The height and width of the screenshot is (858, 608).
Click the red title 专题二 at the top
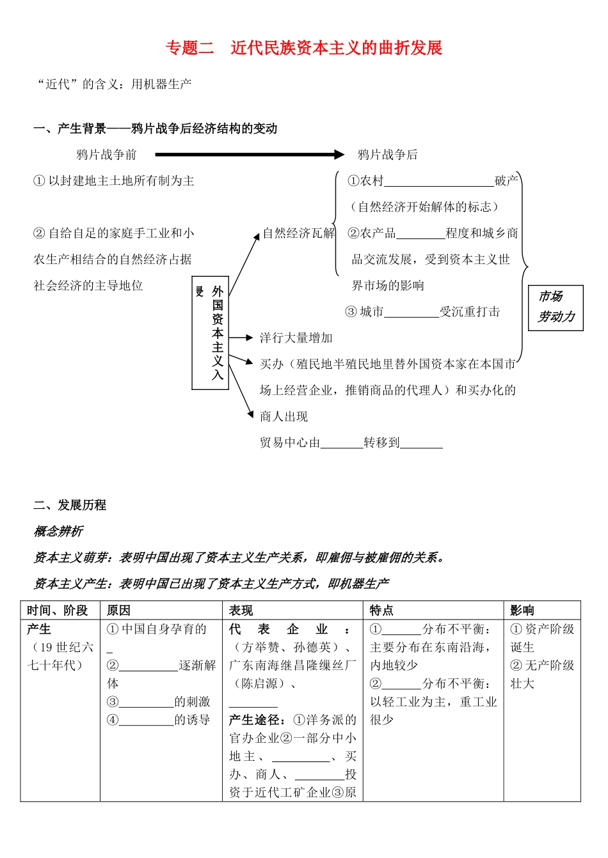pyautogui.click(x=189, y=48)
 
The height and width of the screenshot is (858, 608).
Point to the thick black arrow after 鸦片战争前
pyautogui.click(x=250, y=154)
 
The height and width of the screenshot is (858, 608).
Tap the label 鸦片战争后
pyautogui.click(x=387, y=155)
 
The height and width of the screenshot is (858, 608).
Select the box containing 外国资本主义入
pyautogui.click(x=211, y=332)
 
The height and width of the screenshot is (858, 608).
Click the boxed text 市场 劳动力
pyautogui.click(x=556, y=307)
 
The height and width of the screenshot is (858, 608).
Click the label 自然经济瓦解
pyautogui.click(x=299, y=233)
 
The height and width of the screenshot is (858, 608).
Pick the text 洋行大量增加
pyautogui.click(x=296, y=338)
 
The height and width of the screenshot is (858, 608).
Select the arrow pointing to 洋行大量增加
pyautogui.click(x=241, y=338)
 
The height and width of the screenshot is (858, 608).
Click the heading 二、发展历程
pyautogui.click(x=70, y=505)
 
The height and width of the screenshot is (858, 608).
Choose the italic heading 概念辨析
pyautogui.click(x=58, y=531)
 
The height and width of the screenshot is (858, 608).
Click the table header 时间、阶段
pyautogui.click(x=58, y=611)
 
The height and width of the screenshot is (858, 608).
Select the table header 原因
pyautogui.click(x=118, y=611)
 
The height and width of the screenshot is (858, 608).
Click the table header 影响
pyautogui.click(x=522, y=611)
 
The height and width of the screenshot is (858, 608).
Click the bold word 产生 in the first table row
pyautogui.click(x=39, y=629)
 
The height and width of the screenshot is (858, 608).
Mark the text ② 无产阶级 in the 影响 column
pyautogui.click(x=542, y=666)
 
